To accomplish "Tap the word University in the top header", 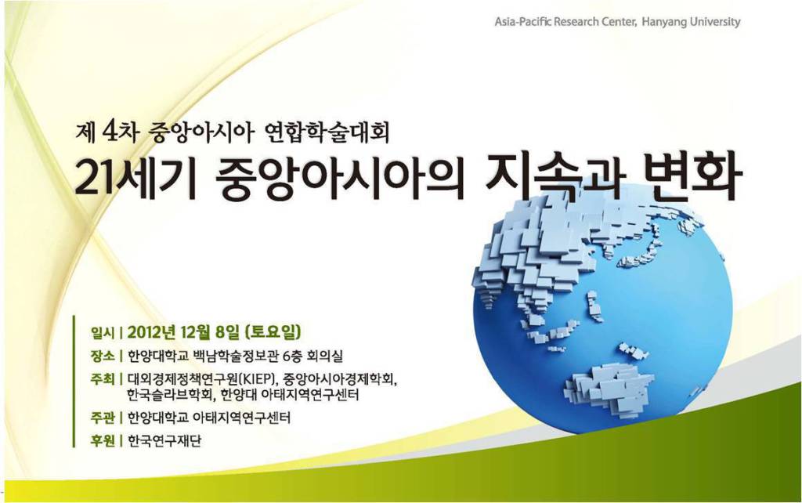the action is (715, 22).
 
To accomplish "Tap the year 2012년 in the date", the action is (152, 333).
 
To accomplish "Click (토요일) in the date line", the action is (273, 333).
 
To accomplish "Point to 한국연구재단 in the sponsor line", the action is (164, 440).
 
